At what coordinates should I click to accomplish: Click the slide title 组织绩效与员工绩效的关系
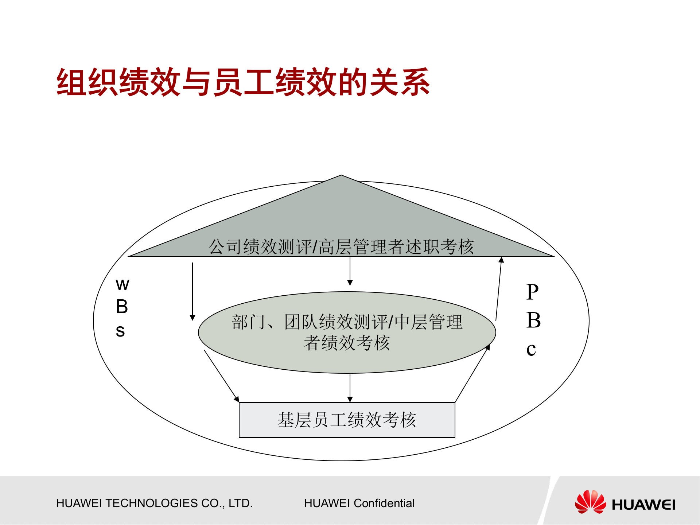click(243, 82)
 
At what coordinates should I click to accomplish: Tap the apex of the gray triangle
click(341, 176)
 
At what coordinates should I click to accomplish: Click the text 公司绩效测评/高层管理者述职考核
click(341, 247)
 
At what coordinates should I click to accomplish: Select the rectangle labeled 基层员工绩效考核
click(347, 420)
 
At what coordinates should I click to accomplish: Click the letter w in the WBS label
click(122, 285)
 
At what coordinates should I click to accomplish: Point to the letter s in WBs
click(120, 331)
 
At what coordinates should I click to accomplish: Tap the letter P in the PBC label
click(532, 292)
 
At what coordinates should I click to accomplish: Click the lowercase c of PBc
click(531, 350)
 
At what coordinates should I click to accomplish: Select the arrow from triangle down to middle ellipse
click(350, 271)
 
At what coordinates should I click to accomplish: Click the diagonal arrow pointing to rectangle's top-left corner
click(221, 376)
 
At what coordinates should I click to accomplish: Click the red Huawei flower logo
click(590, 502)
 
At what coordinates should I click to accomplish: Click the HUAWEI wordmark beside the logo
click(643, 505)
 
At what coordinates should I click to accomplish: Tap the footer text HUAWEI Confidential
click(359, 503)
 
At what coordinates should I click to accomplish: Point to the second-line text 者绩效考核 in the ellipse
click(347, 343)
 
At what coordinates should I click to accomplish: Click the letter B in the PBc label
click(533, 321)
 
